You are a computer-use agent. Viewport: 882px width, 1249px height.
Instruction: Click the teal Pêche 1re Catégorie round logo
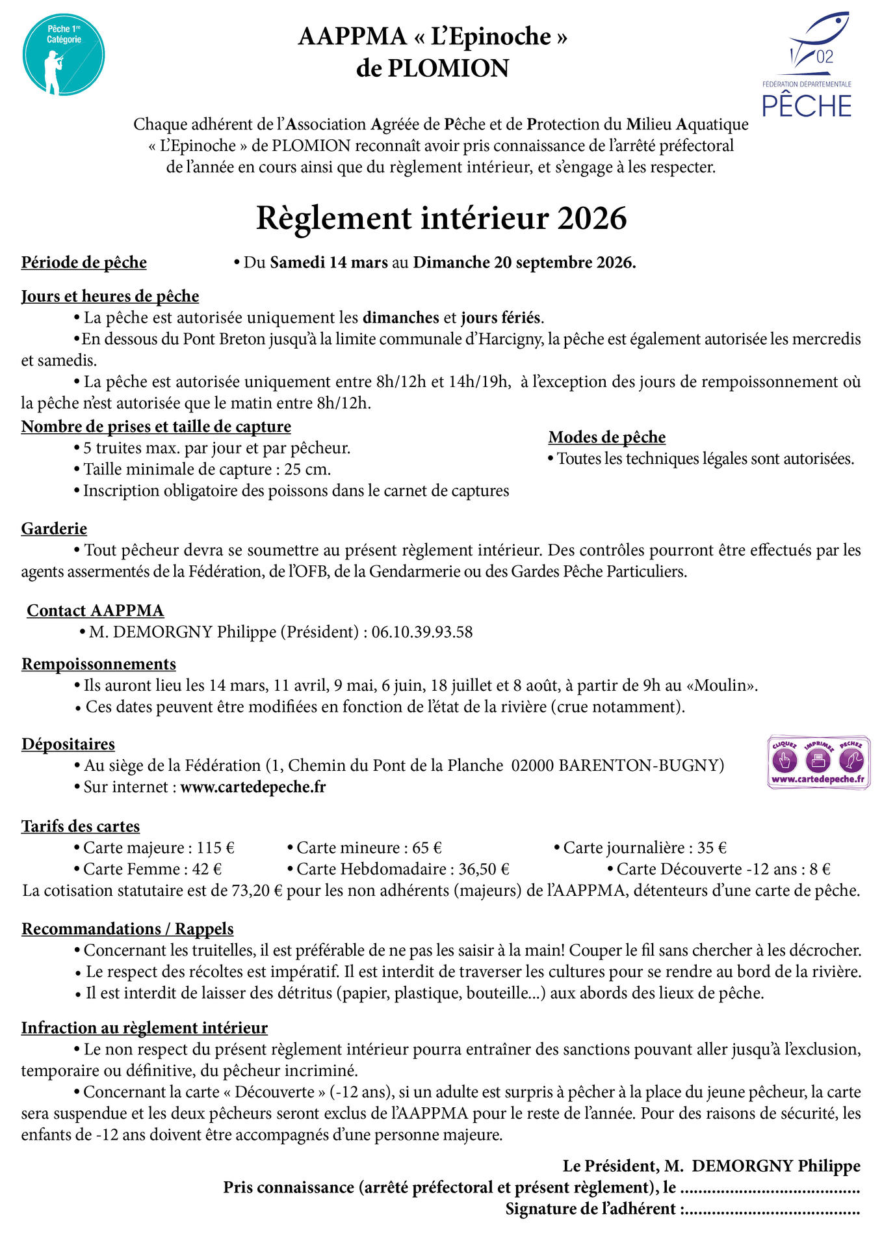[x=64, y=55]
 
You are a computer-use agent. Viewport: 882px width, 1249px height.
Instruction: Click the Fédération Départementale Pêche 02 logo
[x=807, y=65]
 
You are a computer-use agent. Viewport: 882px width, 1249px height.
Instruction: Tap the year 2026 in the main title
[x=591, y=219]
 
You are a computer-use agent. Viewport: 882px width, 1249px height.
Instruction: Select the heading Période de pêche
[x=84, y=263]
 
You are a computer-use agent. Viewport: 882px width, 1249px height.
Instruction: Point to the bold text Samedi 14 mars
[x=329, y=263]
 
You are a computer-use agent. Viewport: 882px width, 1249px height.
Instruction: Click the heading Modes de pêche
[x=607, y=437]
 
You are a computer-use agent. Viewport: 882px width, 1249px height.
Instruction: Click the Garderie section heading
[x=54, y=529]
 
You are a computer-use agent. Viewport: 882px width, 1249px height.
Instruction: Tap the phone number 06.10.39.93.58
[x=422, y=632]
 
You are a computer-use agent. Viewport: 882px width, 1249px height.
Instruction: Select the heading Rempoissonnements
[x=99, y=664]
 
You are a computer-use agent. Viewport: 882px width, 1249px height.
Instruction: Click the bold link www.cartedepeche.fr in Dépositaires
[x=253, y=787]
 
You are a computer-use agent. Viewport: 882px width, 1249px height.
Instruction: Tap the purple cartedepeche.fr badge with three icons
[x=818, y=763]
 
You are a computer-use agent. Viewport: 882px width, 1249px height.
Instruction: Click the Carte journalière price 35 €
[x=712, y=848]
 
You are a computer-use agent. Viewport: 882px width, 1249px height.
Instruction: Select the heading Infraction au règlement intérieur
[x=144, y=1028]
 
